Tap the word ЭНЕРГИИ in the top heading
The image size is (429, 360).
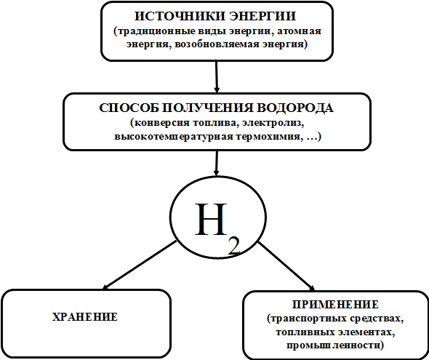[x=262, y=16]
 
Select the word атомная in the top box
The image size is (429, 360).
[x=300, y=31]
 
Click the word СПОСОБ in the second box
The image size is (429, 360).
[x=129, y=108]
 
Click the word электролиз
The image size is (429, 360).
[x=273, y=123]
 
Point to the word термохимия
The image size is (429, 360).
[x=264, y=137]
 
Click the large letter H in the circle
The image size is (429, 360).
[x=211, y=219]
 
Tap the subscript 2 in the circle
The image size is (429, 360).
[x=234, y=247]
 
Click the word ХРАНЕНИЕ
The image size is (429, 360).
[x=85, y=317]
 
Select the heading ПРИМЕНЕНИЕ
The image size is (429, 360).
[x=335, y=305]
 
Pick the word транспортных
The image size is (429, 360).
[x=305, y=319]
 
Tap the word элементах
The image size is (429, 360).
[x=367, y=332]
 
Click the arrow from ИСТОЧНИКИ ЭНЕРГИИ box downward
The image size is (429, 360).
[x=217, y=77]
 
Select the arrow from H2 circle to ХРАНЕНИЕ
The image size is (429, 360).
[x=139, y=265]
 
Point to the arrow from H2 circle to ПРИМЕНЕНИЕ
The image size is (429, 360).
[x=286, y=266]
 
